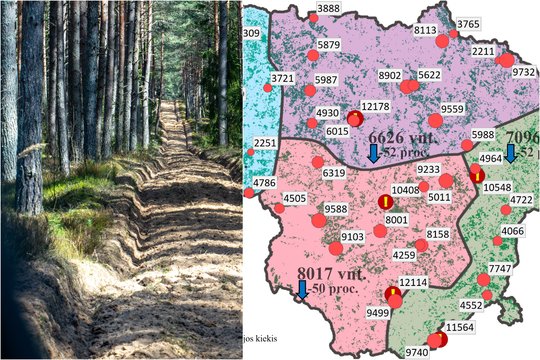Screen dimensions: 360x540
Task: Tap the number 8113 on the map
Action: pos(426,31)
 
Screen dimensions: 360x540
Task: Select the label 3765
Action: pos(468,24)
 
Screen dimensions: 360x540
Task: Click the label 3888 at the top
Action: pos(328,8)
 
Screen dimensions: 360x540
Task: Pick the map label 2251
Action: pos(265,144)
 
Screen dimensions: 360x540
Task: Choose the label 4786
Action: pos(265,183)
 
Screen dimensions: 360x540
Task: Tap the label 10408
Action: pos(406,190)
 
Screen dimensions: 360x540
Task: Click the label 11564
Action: pos(460,328)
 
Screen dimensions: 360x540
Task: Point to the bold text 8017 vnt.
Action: pos(333,272)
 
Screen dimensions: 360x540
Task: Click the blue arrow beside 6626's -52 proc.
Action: pos(374,152)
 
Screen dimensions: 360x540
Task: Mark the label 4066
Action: pos(512,232)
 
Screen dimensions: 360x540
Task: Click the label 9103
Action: pos(353,237)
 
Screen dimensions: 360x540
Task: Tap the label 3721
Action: pos(283,78)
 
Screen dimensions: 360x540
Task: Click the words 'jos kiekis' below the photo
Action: pos(262,327)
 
